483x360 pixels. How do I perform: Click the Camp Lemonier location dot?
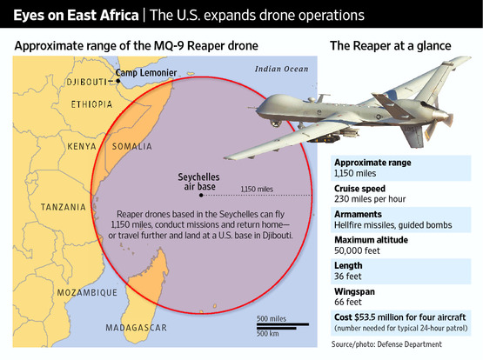click(118, 81)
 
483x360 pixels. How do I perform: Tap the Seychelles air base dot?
click(201, 196)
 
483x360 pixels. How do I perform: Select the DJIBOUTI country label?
click(86, 82)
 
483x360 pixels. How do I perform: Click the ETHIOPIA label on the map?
click(91, 104)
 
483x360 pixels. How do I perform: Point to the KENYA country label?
click(82, 146)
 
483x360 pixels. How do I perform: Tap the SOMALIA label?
click(131, 146)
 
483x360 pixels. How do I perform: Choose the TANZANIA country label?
click(64, 207)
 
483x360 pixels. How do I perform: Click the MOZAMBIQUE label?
click(87, 292)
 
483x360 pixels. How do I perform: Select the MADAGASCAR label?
click(136, 328)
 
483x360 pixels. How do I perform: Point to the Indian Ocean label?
click(282, 70)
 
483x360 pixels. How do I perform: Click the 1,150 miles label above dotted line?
click(257, 190)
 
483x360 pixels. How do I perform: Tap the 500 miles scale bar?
click(283, 324)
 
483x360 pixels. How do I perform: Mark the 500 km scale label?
click(268, 334)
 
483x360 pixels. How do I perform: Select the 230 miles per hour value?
click(370, 199)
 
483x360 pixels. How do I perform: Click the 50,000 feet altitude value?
click(357, 250)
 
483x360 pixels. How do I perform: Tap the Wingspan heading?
click(354, 291)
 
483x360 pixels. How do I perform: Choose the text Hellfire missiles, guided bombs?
click(393, 225)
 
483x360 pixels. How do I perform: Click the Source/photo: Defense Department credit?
click(386, 344)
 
